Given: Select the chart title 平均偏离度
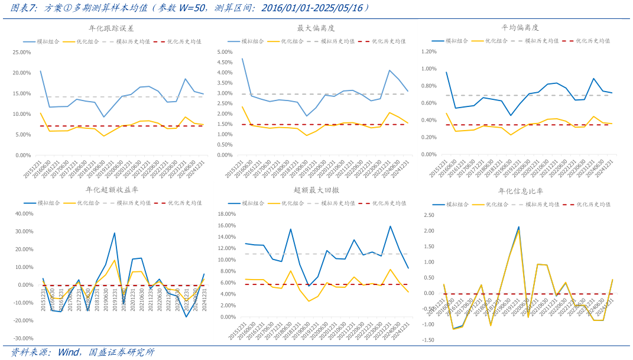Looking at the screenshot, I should (520, 28).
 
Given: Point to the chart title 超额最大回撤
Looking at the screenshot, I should (317, 190).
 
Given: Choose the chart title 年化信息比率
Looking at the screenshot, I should (520, 191).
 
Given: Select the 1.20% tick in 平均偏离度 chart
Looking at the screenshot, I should (429, 52).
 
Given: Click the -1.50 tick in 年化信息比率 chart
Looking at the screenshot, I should (429, 340).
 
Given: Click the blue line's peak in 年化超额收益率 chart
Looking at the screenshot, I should (115, 233).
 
